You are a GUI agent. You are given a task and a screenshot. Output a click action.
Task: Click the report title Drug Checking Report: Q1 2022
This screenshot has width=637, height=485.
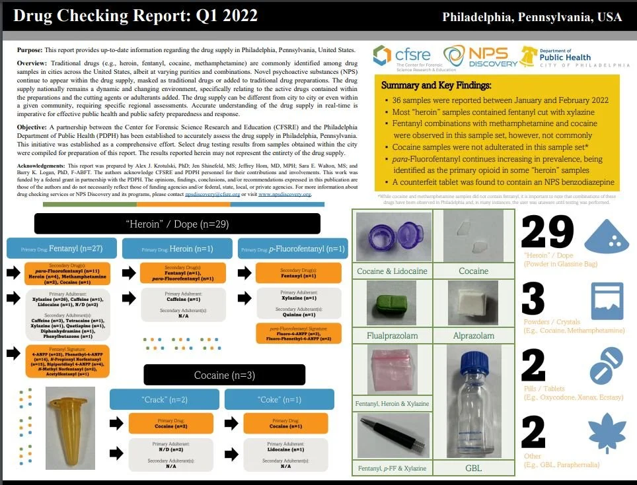[135, 16]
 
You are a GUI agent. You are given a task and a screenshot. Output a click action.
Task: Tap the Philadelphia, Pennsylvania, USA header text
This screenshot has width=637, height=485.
[532, 17]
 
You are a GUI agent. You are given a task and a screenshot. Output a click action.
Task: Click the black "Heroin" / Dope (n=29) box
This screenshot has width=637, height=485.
[177, 224]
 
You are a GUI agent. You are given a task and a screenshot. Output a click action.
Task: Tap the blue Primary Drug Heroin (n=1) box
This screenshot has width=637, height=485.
[177, 249]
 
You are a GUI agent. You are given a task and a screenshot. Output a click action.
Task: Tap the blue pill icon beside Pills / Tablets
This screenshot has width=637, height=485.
[607, 365]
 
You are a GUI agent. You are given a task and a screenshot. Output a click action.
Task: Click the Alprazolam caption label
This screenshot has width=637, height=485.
[474, 336]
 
